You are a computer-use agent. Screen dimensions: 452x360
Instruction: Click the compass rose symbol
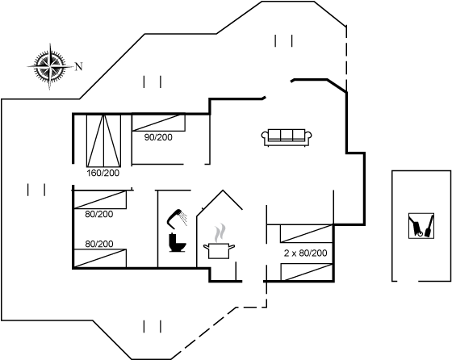(x=50, y=66)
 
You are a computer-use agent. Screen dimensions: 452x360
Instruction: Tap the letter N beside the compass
(x=79, y=66)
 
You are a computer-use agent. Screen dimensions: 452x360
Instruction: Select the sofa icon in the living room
(x=287, y=137)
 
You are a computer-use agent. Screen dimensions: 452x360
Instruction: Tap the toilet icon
(x=177, y=243)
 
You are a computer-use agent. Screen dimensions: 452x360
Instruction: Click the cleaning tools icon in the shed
(x=421, y=226)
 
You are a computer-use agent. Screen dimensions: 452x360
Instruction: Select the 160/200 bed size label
(x=103, y=173)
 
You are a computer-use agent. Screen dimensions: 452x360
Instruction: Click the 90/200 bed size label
(x=158, y=137)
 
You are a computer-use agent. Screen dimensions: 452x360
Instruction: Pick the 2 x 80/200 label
(x=306, y=253)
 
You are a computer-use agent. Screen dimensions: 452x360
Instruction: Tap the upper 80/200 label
(x=98, y=214)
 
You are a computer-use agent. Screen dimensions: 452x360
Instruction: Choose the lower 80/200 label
(x=98, y=244)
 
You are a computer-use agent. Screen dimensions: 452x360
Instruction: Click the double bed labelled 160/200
(x=104, y=140)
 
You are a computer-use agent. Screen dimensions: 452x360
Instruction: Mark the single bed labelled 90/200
(x=158, y=123)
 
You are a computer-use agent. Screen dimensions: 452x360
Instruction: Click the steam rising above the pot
(x=220, y=233)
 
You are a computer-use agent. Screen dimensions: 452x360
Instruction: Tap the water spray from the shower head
(x=183, y=219)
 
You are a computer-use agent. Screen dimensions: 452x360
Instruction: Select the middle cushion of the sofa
(x=287, y=135)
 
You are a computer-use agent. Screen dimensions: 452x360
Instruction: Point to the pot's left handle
(x=206, y=246)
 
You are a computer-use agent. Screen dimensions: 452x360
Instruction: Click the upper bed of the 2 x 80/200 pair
(x=307, y=233)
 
